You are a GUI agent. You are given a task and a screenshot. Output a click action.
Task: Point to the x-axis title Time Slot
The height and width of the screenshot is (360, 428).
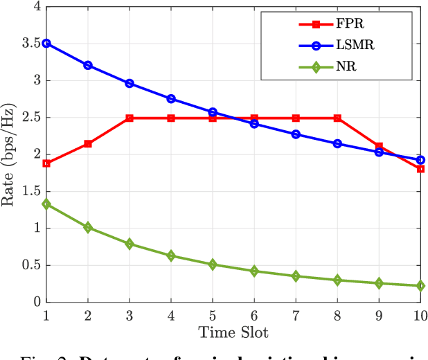coord(233,332)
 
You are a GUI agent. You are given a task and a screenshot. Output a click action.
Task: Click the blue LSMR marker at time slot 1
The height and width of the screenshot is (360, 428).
coord(46,43)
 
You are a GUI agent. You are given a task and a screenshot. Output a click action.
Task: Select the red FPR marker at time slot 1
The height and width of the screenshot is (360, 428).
coord(46,163)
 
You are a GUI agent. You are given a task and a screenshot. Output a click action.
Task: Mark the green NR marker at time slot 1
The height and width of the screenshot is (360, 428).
coord(46,204)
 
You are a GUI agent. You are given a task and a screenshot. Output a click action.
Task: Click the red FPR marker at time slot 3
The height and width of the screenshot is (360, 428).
coord(130,118)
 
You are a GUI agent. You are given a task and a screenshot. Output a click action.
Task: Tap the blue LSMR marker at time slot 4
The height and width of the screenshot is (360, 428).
coord(171,99)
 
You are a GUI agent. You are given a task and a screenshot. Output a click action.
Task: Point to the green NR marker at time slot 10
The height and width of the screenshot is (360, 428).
coord(420,286)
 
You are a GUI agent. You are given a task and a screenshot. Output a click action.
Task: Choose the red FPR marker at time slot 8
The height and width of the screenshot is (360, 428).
coord(337,118)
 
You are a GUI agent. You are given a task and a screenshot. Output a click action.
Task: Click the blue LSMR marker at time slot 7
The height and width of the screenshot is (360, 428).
coord(296,134)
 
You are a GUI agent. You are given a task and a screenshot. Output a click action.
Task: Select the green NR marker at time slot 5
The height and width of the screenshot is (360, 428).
coord(213,264)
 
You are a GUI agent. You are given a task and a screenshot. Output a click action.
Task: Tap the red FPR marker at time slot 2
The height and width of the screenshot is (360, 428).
coord(88,144)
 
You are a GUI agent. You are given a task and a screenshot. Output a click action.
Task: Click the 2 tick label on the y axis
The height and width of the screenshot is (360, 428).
coord(35,154)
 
